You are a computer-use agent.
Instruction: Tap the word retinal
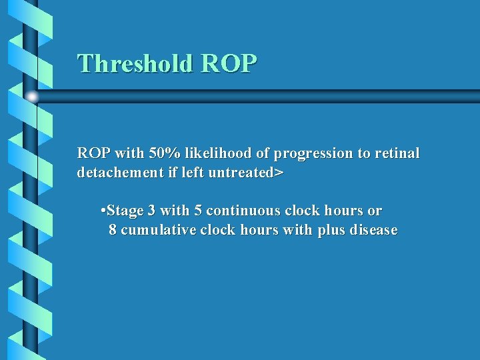[x=397, y=153]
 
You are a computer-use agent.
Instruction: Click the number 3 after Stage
[x=152, y=211]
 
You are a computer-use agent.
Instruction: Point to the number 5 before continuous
[x=198, y=211]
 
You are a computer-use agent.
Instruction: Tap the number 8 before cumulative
[x=113, y=231]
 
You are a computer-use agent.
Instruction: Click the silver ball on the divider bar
[x=32, y=97]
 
